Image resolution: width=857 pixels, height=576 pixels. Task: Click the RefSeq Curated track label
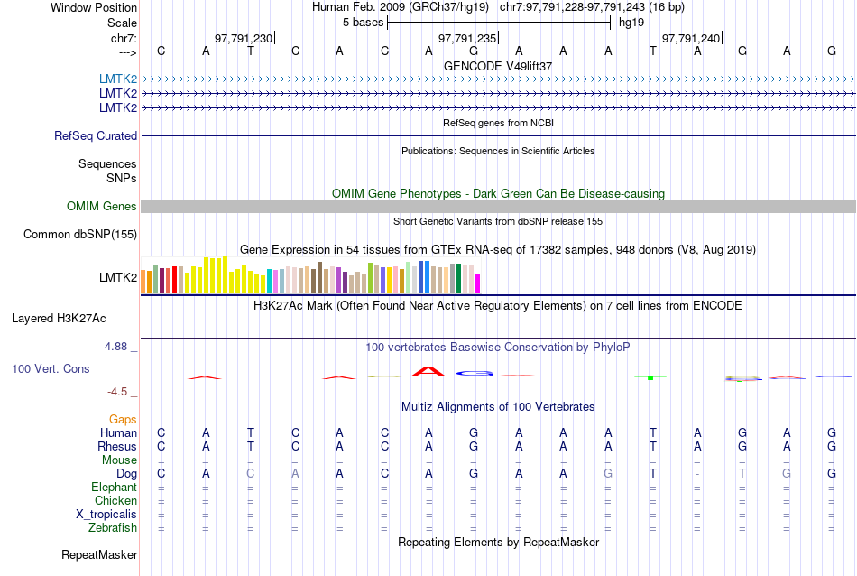96,136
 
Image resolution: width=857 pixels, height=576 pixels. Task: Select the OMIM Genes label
102,207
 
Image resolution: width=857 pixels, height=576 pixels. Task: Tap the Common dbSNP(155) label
80,235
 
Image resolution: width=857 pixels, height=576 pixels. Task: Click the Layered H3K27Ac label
59,319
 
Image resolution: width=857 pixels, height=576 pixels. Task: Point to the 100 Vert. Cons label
51,369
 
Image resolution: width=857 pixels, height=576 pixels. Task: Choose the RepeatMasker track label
99,554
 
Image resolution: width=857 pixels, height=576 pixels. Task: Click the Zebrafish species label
113,528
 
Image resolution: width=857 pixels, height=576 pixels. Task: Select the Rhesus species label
117,447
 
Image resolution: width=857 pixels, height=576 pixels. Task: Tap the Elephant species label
114,488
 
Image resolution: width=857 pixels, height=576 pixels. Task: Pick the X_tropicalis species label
106,515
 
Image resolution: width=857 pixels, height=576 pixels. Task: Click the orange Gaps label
123,420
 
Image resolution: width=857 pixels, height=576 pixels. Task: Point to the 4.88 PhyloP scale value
117,347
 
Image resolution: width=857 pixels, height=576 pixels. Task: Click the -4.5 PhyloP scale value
117,392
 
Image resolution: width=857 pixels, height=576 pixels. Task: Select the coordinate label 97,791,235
467,38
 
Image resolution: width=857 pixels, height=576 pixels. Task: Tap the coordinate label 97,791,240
691,38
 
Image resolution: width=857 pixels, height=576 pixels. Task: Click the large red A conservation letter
428,370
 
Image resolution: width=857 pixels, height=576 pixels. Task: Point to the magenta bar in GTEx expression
478,283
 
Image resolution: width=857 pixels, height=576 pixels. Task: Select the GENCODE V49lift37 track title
498,66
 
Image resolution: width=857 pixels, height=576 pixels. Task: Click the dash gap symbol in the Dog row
697,474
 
